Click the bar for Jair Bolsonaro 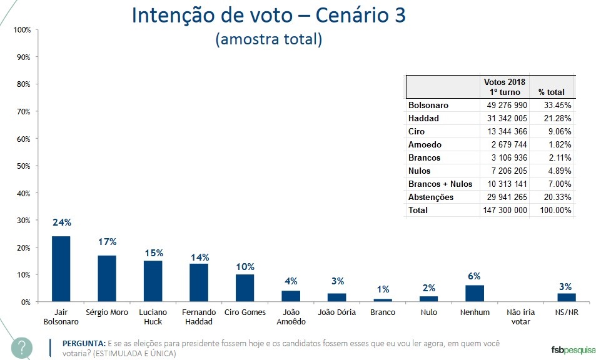click(61, 269)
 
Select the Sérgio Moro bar click(107, 279)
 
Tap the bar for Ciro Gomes click(245, 288)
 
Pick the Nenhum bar click(475, 294)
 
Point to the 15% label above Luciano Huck click(153, 253)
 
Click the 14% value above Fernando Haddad click(200, 257)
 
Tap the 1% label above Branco click(383, 289)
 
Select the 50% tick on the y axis click(23, 166)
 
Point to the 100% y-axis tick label click(22, 30)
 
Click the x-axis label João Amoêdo click(291, 317)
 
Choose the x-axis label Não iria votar click(520, 317)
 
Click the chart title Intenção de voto click(268, 16)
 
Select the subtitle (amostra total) click(268, 39)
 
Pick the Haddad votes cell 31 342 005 click(505, 118)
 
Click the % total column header click(551, 92)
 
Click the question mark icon click(22, 347)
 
